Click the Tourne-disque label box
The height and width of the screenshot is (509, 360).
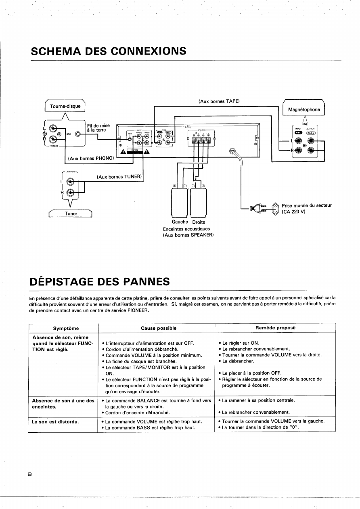pos(65,107)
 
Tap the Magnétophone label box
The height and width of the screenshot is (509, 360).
pos(304,109)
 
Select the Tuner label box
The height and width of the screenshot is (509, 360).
pos(71,214)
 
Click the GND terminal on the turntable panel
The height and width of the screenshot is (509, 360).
pos(77,134)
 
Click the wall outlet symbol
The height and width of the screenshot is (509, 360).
pos(276,208)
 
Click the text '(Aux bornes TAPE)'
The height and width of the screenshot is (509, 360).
pos(219,101)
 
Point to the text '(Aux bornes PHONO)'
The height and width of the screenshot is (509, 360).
pos(91,158)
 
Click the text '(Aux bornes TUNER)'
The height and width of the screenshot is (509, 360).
pos(120,177)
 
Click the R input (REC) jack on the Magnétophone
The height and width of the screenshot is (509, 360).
pos(299,151)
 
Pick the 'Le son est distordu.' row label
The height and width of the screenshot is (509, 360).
pos(55,421)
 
